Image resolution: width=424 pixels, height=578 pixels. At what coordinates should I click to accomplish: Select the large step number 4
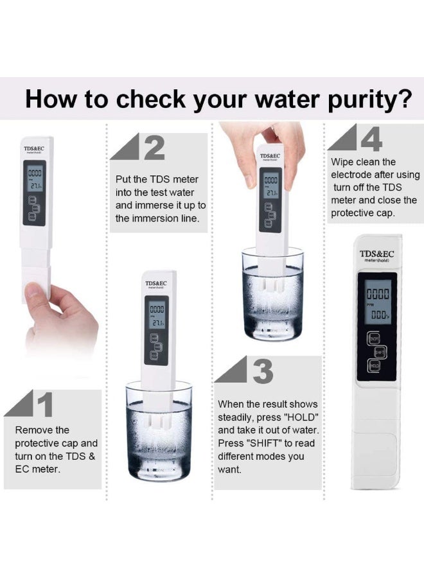[371, 139]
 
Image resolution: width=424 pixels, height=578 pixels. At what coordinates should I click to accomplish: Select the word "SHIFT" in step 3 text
[263, 443]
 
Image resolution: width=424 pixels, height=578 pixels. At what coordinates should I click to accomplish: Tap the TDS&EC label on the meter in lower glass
[157, 283]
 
